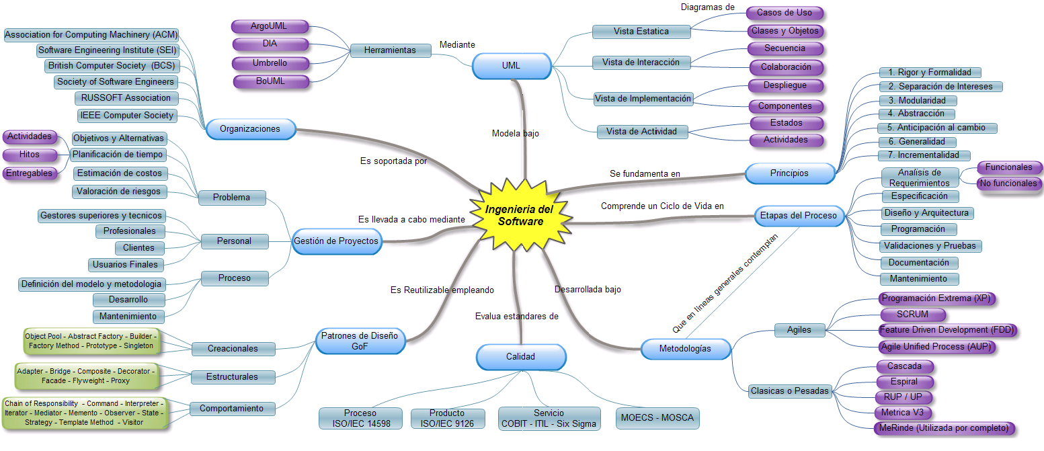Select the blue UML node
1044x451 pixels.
pyautogui.click(x=511, y=66)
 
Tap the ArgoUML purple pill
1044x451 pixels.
pyautogui.click(x=270, y=27)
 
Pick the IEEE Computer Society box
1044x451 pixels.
pyautogui.click(x=128, y=116)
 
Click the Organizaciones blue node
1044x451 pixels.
pyautogui.click(x=250, y=128)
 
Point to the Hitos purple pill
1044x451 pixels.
pyautogui.click(x=29, y=155)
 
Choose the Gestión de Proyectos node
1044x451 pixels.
pyautogui.click(x=336, y=241)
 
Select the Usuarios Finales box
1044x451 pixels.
pyautogui.click(x=126, y=265)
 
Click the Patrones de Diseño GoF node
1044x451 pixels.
pyautogui.click(x=360, y=341)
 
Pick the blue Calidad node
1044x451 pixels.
pyautogui.click(x=520, y=357)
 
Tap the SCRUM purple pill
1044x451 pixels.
pyautogui.click(x=912, y=315)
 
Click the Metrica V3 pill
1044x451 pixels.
pyautogui.click(x=903, y=413)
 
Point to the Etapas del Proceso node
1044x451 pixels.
pyautogui.click(x=798, y=216)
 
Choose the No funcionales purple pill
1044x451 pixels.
pyautogui.click(x=1008, y=183)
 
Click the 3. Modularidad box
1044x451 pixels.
pyautogui.click(x=921, y=101)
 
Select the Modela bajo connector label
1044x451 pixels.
pyautogui.click(x=515, y=134)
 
